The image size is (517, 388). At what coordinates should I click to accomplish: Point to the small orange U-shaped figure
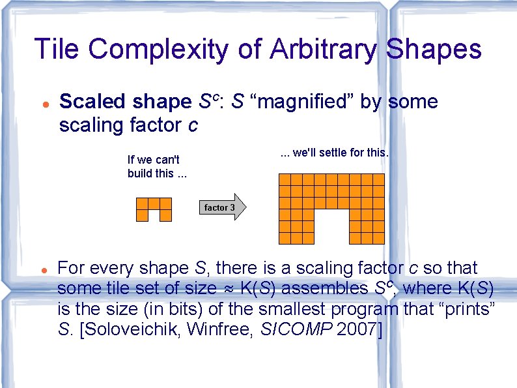click(154, 209)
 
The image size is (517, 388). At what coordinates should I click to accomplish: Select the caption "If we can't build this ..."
click(154, 166)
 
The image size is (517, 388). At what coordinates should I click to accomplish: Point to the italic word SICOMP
click(296, 329)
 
